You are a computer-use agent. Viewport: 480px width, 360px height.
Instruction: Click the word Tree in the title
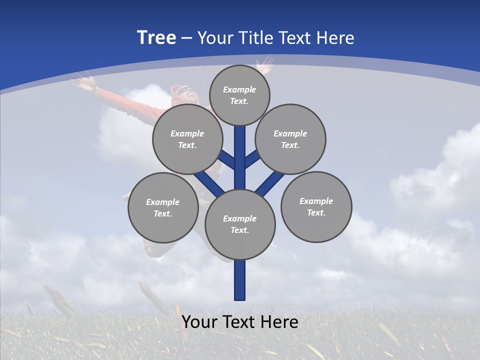(x=156, y=38)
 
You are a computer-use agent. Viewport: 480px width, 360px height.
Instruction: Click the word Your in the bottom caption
(x=199, y=322)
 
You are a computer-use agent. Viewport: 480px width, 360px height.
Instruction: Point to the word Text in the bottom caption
(x=240, y=322)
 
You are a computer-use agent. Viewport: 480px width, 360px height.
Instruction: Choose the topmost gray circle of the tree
(x=239, y=95)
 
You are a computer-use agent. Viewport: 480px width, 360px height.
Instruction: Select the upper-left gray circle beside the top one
(x=187, y=139)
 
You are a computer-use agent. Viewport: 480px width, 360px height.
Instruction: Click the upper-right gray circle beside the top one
(x=290, y=139)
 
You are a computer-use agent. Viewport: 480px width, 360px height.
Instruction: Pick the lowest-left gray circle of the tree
(x=163, y=207)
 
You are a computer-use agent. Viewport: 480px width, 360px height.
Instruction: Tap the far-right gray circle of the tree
(x=316, y=206)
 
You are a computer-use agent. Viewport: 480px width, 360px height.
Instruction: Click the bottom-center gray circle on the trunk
(x=240, y=224)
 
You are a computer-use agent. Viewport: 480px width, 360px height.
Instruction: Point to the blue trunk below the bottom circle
(x=240, y=280)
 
